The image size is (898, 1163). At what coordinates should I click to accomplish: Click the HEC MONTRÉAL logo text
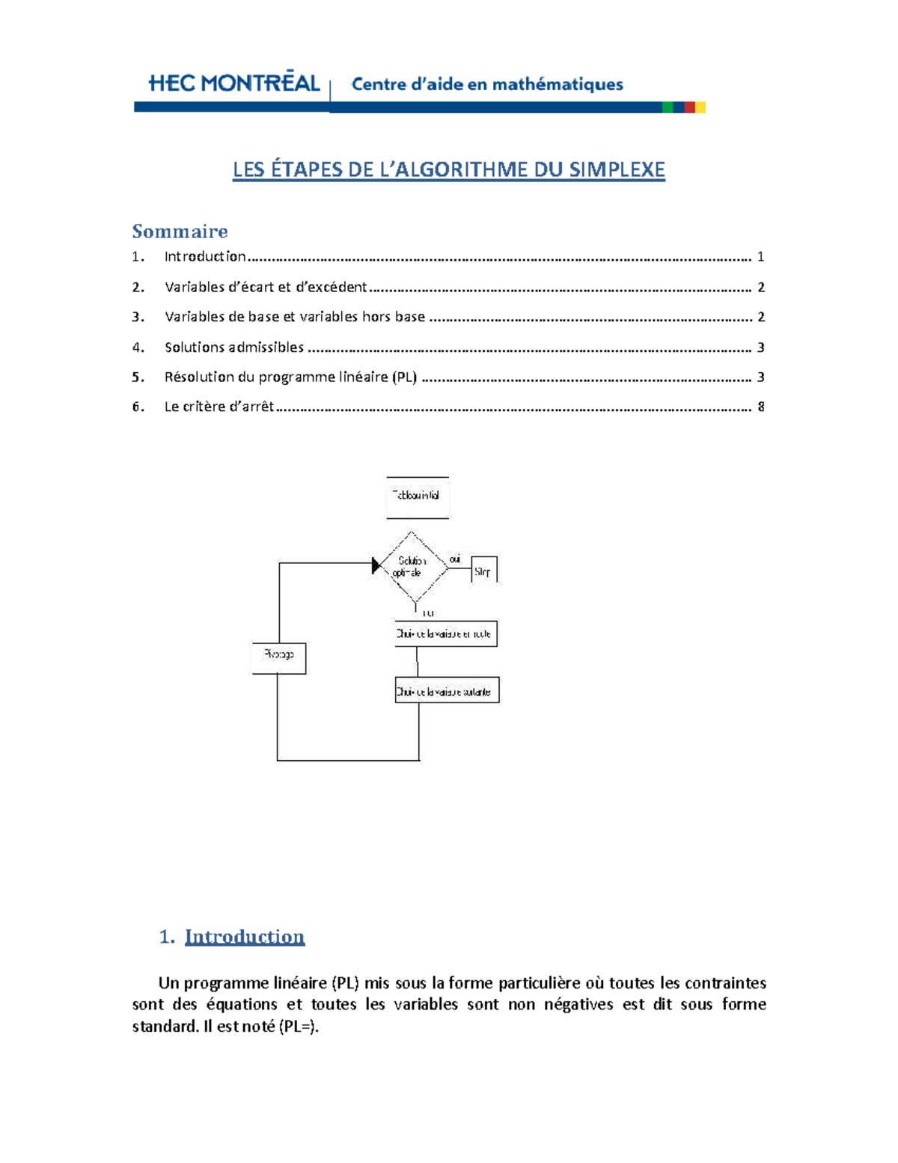tap(234, 83)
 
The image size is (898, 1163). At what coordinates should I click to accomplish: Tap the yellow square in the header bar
tap(700, 108)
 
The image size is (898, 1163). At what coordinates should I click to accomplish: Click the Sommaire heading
tap(180, 231)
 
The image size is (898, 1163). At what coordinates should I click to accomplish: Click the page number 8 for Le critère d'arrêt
tap(761, 407)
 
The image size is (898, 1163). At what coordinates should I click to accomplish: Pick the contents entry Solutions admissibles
tap(233, 347)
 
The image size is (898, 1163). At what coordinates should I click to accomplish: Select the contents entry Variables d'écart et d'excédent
tap(266, 288)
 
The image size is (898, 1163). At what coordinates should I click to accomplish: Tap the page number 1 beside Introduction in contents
tap(761, 257)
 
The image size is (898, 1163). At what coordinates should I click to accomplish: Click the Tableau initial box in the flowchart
tap(418, 497)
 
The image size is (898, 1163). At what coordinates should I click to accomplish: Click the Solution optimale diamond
tap(411, 567)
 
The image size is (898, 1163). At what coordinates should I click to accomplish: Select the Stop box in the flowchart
tap(483, 571)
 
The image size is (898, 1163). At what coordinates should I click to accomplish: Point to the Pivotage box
tap(278, 657)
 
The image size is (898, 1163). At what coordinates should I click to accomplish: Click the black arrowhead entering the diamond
tap(376, 565)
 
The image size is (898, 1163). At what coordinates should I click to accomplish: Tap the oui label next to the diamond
tap(455, 559)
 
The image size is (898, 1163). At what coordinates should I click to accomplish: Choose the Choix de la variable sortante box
tap(446, 691)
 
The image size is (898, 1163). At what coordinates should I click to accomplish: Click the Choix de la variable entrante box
tap(445, 634)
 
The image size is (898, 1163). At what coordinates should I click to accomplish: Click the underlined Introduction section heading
tap(245, 937)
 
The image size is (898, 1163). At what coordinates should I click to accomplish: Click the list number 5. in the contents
tap(138, 377)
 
